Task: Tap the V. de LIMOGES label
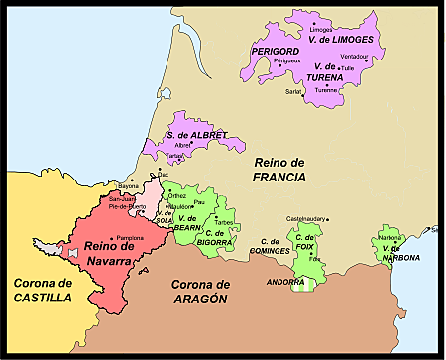coord(341,39)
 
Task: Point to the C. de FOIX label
coord(305,244)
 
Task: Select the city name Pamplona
coord(130,239)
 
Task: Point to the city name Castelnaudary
coord(306,218)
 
